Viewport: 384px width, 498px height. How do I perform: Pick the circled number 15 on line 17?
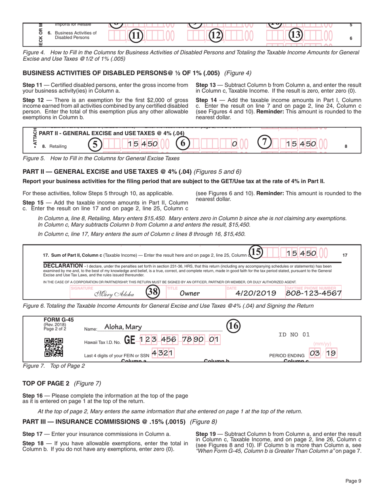(x=256, y=252)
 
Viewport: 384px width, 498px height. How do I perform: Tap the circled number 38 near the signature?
(x=152, y=292)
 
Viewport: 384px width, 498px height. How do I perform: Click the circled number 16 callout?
(x=233, y=325)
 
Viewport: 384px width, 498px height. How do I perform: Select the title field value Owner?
(x=190, y=293)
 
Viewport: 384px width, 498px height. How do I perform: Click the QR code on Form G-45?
(x=53, y=347)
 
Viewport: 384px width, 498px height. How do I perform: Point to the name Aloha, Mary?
(x=120, y=327)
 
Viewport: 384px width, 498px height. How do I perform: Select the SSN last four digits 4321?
(x=162, y=353)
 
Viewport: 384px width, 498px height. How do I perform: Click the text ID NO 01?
(x=294, y=334)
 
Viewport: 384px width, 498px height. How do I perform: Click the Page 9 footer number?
(x=353, y=481)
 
